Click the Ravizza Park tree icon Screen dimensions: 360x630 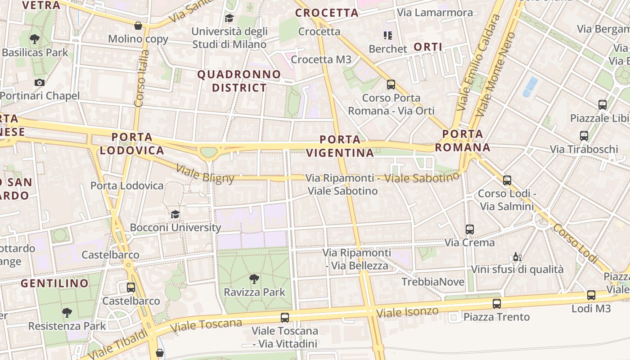click(x=254, y=279)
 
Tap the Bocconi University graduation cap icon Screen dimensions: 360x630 click(x=175, y=214)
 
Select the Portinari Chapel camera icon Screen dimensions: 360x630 click(x=40, y=82)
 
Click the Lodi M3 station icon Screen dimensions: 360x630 click(x=591, y=295)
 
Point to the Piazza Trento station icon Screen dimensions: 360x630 click(x=496, y=304)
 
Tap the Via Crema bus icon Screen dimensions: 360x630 click(x=470, y=229)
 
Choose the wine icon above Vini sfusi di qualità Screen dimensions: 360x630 click(x=517, y=257)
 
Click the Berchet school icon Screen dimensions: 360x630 click(x=387, y=35)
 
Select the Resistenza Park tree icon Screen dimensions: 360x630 click(x=67, y=312)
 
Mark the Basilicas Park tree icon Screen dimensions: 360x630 click(x=35, y=39)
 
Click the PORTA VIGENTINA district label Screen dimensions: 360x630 click(x=340, y=146)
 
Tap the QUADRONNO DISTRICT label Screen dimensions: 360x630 click(x=239, y=81)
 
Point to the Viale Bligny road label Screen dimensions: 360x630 click(x=205, y=174)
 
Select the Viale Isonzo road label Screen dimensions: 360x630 click(x=407, y=311)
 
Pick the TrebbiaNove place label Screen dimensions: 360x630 click(x=433, y=282)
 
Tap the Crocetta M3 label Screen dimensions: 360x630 click(x=321, y=59)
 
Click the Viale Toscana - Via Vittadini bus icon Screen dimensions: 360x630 click(x=285, y=317)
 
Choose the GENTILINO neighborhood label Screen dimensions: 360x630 click(x=55, y=283)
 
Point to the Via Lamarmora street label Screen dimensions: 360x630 click(x=435, y=13)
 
